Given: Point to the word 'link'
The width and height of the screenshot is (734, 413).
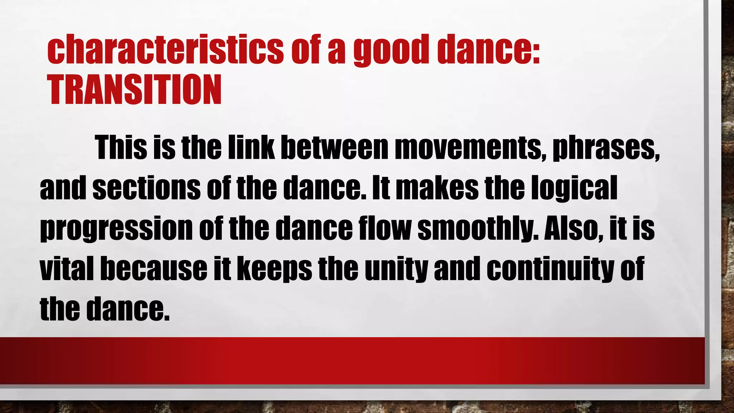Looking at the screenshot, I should tap(251, 148).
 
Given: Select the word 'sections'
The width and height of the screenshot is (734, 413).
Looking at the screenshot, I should tap(146, 188).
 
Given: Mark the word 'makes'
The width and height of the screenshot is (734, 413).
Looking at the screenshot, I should tap(437, 188).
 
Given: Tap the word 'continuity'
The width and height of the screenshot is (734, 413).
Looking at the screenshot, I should tap(550, 269).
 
